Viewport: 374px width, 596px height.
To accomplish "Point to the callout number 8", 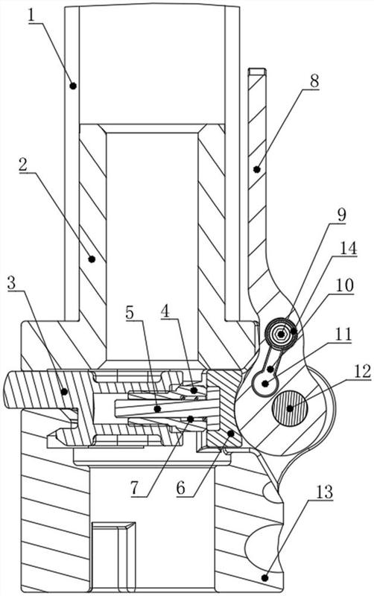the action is [x=314, y=81].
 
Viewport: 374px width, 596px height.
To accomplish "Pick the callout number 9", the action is [x=341, y=215].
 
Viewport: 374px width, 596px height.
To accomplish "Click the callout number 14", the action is [x=348, y=248].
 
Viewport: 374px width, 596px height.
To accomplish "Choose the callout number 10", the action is [x=344, y=285].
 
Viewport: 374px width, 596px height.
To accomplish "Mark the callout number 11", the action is [x=343, y=335].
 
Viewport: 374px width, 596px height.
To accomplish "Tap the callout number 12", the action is [x=362, y=370].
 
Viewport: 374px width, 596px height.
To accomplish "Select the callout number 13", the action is [x=323, y=492].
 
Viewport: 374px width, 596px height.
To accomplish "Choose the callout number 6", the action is [x=181, y=488].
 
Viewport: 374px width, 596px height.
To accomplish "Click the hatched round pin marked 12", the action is [x=290, y=408].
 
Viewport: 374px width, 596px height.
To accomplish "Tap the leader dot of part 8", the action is [x=257, y=169].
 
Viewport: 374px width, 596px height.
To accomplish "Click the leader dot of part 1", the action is [x=73, y=86].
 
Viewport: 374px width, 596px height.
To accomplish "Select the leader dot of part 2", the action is [x=91, y=259].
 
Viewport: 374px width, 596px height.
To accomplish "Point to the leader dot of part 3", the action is [x=65, y=390].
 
